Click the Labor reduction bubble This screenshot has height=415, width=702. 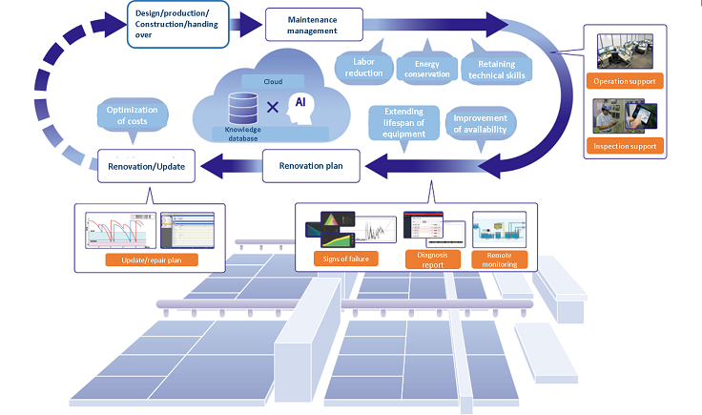(361, 66)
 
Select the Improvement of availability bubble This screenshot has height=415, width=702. (479, 124)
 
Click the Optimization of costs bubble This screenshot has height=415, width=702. (134, 115)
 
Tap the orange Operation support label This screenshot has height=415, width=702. (624, 82)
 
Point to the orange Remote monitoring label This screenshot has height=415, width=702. (501, 259)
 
